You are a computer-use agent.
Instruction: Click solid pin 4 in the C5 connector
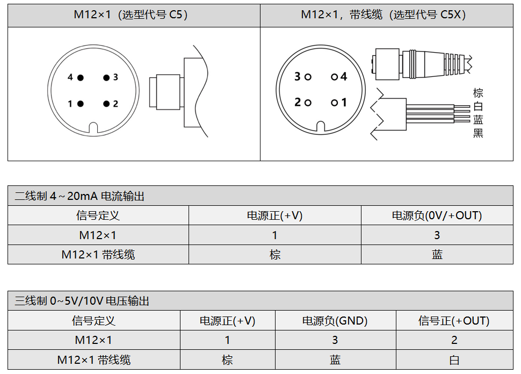[x=81, y=78]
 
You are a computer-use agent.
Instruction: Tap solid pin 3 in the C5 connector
[x=106, y=78]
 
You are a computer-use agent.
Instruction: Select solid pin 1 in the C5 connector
[x=81, y=104]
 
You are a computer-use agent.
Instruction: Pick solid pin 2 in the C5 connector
[x=106, y=104]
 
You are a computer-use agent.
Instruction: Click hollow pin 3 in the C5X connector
[x=308, y=77]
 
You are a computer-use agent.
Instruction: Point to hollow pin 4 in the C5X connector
[x=334, y=77]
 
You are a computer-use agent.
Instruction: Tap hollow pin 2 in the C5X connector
[x=308, y=103]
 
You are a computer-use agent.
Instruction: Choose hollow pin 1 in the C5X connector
[x=334, y=103]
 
